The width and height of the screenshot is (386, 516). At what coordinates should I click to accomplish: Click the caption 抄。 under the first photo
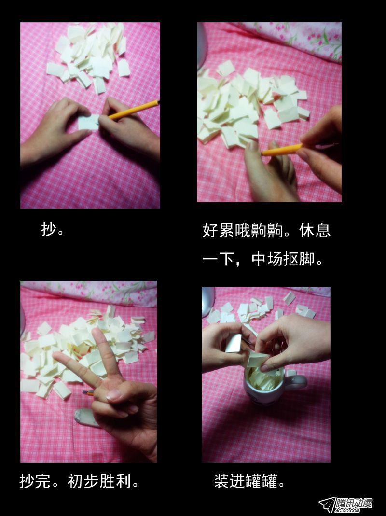coord(53,229)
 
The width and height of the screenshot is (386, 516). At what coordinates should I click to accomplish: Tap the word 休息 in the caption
coord(315,230)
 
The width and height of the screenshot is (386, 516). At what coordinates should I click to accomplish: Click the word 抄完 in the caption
coord(35,481)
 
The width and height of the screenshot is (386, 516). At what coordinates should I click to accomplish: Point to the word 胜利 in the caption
coord(115,481)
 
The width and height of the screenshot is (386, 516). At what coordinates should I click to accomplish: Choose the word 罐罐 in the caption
coord(262,481)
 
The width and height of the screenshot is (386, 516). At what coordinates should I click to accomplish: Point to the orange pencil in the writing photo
coord(134,110)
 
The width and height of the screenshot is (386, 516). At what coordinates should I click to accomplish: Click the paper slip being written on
coord(88,122)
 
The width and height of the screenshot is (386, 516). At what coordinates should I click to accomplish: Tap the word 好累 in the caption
coord(218,230)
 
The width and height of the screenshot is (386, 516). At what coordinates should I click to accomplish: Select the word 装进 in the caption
coord(230,481)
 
